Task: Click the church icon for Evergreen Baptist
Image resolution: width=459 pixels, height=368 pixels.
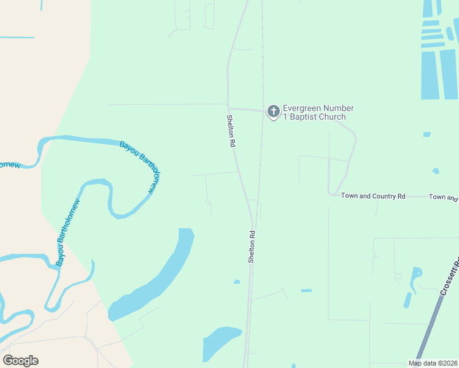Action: tap(273, 112)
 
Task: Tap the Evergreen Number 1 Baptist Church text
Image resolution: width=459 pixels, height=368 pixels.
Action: tap(317, 113)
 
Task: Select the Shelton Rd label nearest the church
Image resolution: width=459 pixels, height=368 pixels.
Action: tap(231, 131)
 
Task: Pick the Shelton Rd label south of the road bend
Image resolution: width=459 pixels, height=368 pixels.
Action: tap(252, 247)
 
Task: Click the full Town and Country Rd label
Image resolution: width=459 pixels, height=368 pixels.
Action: tap(373, 196)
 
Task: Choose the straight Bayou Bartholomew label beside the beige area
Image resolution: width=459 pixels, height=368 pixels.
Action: tap(68, 233)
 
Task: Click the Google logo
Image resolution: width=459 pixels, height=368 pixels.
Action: tap(20, 361)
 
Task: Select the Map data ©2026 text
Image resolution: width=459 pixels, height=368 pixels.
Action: tap(432, 363)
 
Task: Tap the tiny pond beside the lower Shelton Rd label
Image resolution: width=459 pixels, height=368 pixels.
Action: tap(237, 282)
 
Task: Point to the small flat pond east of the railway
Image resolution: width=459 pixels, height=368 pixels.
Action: tap(306, 291)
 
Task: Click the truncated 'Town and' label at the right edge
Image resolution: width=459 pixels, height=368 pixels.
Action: tap(444, 197)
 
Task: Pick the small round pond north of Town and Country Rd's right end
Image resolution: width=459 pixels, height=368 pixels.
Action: tap(436, 171)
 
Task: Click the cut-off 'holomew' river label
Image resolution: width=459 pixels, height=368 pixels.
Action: tap(10, 165)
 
